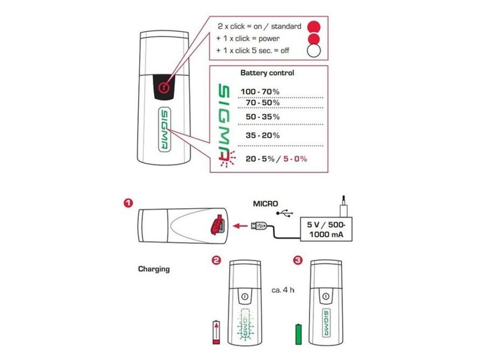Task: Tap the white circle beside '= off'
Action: click(x=313, y=52)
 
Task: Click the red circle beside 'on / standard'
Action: click(x=313, y=26)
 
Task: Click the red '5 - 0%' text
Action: click(x=296, y=158)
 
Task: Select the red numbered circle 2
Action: click(x=217, y=260)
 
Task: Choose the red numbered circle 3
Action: click(x=298, y=260)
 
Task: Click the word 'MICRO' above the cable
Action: click(x=266, y=204)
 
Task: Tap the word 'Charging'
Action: click(x=154, y=269)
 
